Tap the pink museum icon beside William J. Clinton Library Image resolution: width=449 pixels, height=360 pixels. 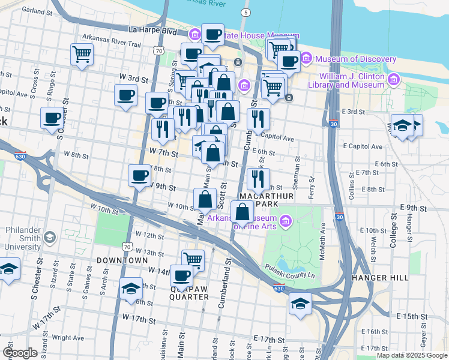394,79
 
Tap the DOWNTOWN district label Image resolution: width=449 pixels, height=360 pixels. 121,260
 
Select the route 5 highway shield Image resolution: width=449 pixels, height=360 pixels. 245,12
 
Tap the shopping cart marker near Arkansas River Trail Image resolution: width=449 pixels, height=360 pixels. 82,54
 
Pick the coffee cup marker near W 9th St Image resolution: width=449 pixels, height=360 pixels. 140,175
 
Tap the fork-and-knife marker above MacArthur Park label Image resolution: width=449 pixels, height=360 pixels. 258,178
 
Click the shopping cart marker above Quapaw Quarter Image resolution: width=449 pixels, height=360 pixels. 193,260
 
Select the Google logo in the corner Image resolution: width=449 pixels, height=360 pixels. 20,353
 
